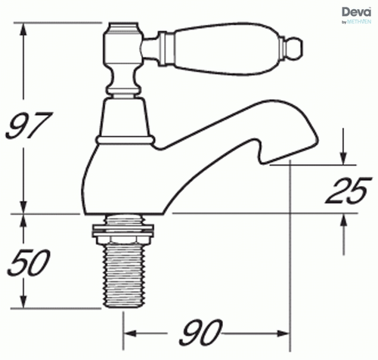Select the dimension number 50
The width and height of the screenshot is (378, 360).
pos(29,262)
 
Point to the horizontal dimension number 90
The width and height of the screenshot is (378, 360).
pos(203,331)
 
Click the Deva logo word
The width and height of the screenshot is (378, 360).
pos(353,12)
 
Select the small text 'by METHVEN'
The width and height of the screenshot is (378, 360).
pos(355,23)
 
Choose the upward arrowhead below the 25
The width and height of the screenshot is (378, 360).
pos(344,219)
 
